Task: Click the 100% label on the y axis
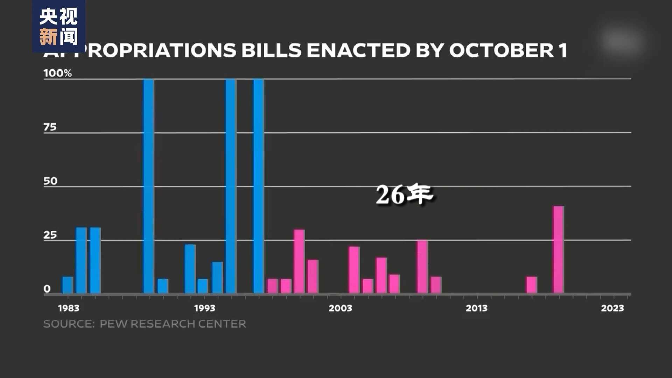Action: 57,73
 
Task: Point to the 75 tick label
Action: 50,127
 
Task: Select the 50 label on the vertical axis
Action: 50,181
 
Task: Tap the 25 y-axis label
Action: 50,235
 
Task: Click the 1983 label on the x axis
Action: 69,308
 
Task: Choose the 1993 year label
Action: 205,308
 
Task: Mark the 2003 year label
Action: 340,308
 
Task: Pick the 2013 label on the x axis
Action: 476,308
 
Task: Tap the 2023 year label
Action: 612,308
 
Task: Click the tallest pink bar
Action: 558,249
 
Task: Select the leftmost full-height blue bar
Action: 148,185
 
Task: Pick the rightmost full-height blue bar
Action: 259,185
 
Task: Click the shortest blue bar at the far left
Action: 68,285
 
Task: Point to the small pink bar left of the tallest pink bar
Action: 531,285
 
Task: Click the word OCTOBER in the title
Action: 501,50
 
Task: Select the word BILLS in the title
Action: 271,50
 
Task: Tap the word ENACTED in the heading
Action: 358,50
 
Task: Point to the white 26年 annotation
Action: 404,194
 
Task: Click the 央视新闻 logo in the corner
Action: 58,26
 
